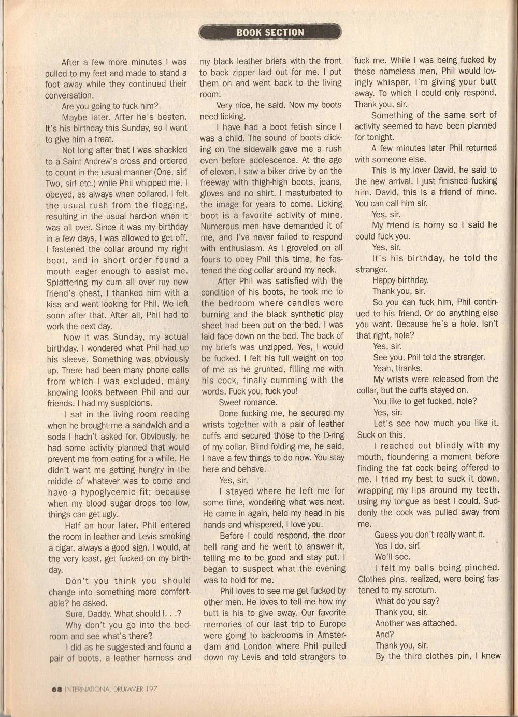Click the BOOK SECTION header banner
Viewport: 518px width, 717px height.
270,32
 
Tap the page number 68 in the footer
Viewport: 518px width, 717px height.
57,689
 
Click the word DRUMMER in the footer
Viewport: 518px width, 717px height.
127,689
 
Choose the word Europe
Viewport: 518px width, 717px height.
331,624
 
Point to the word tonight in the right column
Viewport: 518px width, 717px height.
378,137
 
